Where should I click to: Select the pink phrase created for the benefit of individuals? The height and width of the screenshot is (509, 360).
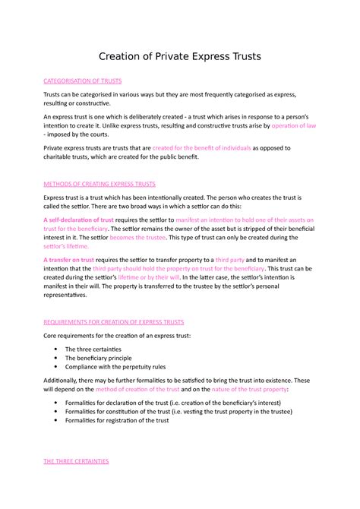(x=201, y=148)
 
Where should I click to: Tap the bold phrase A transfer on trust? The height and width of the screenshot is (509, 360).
(x=69, y=260)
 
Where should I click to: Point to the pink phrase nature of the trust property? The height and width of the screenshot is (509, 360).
(x=254, y=389)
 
